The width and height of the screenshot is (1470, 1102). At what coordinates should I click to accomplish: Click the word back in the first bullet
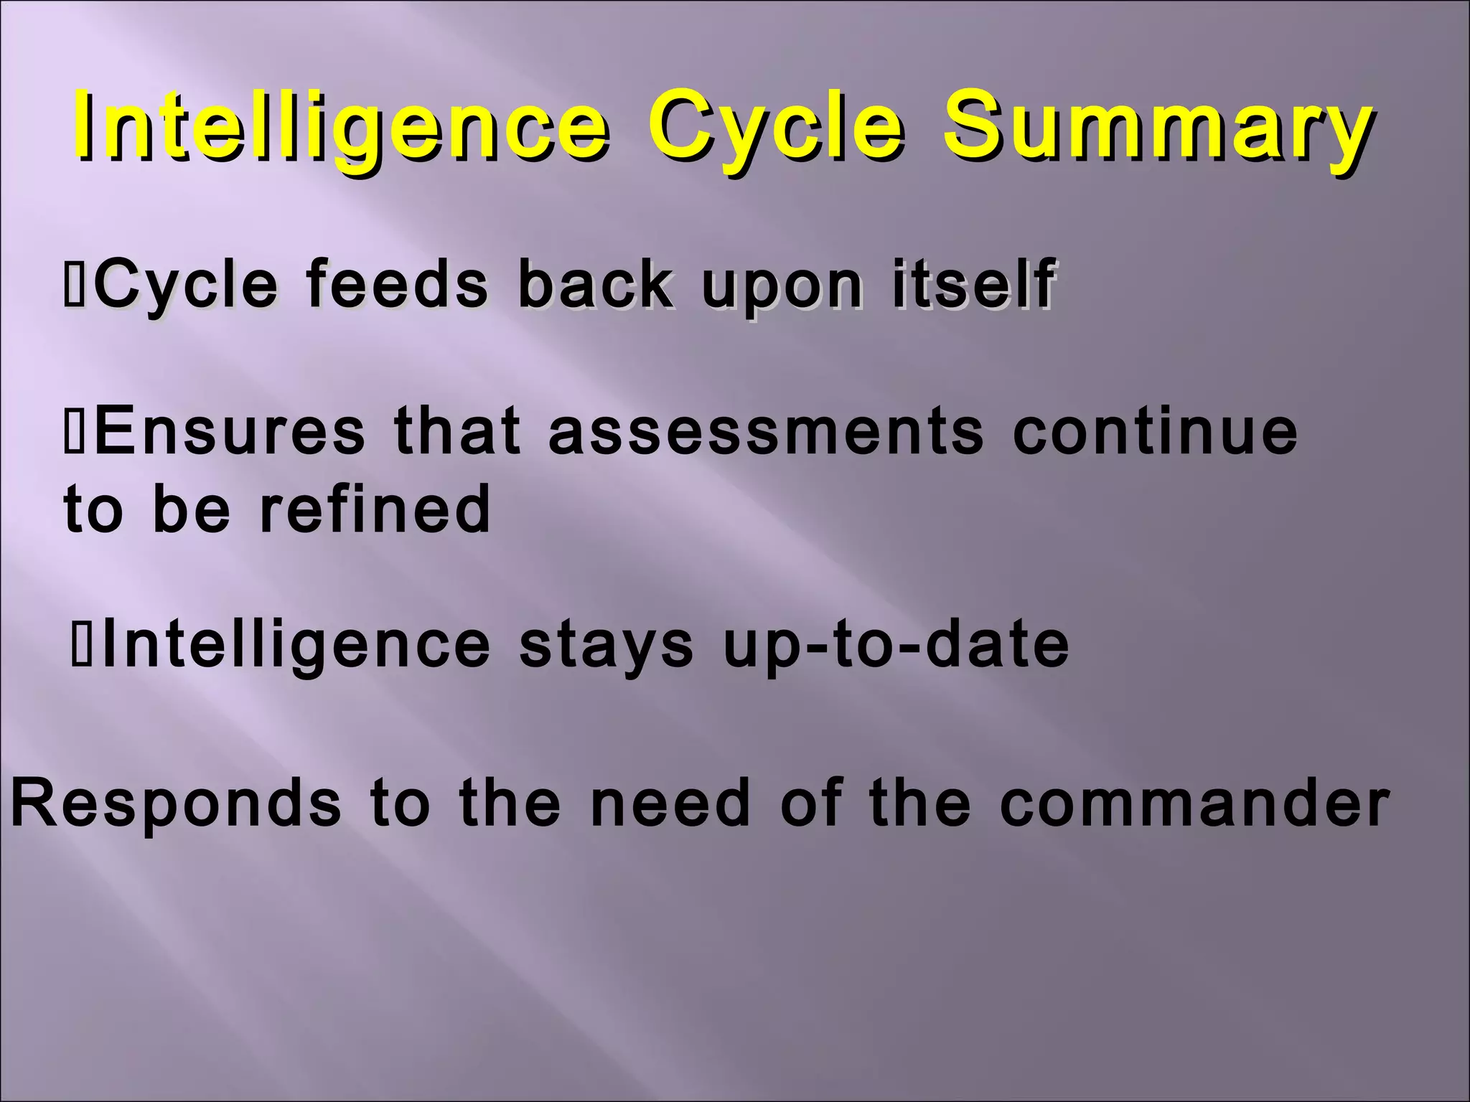pyautogui.click(x=594, y=284)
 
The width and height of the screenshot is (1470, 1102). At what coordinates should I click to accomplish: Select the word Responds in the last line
pyautogui.click(x=177, y=804)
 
